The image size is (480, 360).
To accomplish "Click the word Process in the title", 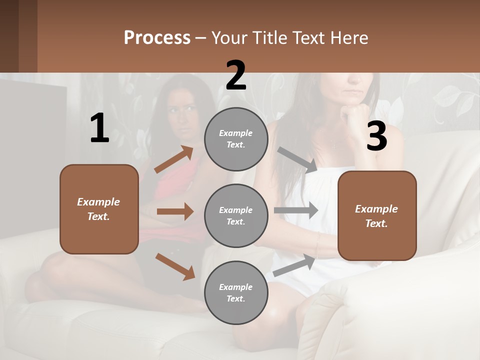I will click(157, 38).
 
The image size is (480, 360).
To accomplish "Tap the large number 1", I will click(99, 128).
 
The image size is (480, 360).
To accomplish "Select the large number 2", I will click(236, 75).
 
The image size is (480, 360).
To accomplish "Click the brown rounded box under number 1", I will click(99, 209).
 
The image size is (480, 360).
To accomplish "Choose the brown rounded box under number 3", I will click(377, 215).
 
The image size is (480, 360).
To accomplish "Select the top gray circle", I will click(236, 139).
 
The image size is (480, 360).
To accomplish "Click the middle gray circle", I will click(236, 215).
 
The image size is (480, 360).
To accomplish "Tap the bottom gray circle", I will click(236, 292).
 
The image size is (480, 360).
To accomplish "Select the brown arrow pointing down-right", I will click(175, 266).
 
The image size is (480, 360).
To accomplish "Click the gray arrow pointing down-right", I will click(297, 160).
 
